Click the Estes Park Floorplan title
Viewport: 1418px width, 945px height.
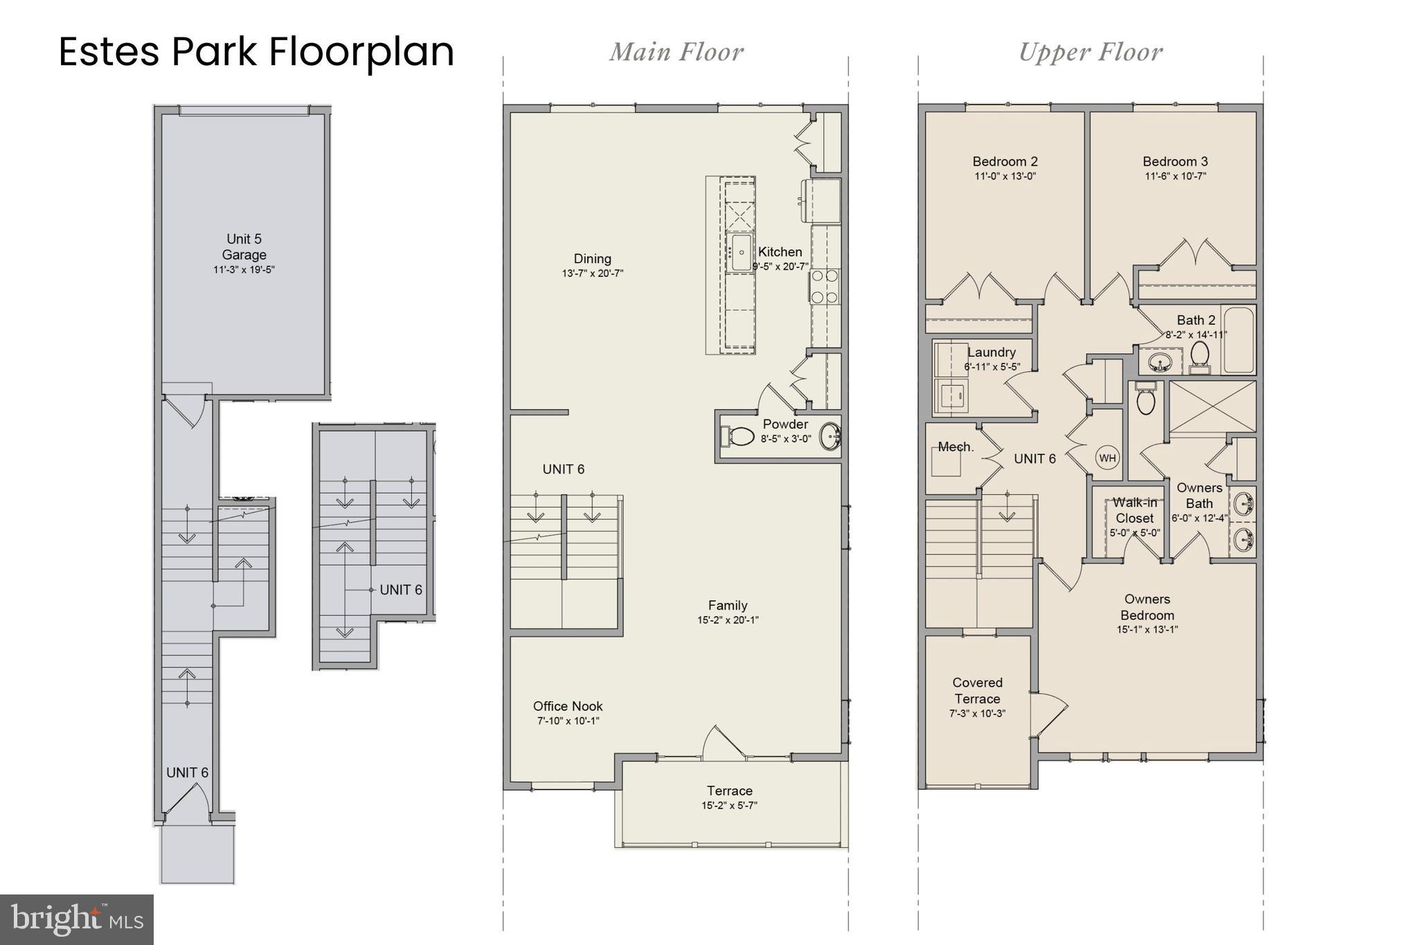[256, 52]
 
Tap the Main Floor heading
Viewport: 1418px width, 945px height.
[676, 52]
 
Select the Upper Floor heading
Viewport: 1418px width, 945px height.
[1091, 52]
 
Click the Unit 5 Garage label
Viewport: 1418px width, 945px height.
[244, 247]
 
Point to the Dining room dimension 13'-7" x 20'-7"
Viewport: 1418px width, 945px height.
[592, 273]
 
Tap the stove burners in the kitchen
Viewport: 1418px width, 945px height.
[824, 286]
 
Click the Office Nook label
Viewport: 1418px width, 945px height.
[568, 706]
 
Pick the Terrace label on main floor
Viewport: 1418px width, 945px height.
[729, 791]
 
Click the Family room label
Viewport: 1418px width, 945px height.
[728, 605]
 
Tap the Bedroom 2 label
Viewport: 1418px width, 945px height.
[1005, 161]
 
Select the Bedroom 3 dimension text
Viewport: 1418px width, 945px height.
[1175, 177]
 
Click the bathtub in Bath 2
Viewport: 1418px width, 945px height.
[1239, 340]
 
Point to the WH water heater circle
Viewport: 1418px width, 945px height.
[1107, 458]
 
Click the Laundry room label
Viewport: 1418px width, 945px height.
[991, 352]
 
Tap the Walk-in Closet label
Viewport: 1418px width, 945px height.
[1134, 510]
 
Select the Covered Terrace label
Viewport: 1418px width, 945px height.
[977, 690]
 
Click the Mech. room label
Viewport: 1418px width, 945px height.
[955, 447]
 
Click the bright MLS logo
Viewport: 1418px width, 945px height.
[77, 919]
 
